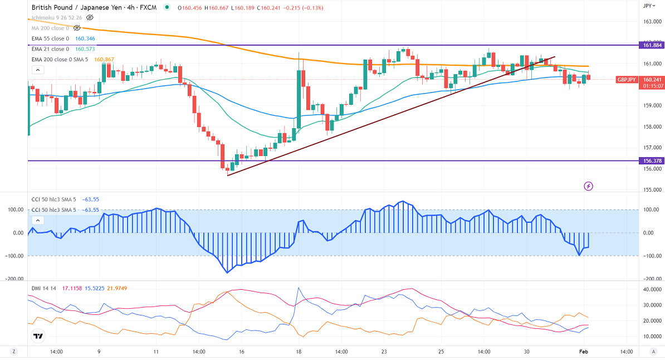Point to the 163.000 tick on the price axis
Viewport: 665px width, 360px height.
[652, 22]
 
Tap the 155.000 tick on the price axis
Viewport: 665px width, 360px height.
[652, 190]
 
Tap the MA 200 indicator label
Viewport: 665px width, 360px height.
[50, 28]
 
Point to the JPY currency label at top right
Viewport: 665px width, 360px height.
[648, 6]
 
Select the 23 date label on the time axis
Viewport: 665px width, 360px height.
[384, 352]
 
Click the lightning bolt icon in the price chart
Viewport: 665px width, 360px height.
[589, 186]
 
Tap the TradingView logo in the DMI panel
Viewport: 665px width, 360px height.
[38, 336]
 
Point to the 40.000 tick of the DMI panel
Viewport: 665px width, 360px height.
[652, 289]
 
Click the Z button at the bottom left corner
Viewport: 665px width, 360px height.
[13, 352]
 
